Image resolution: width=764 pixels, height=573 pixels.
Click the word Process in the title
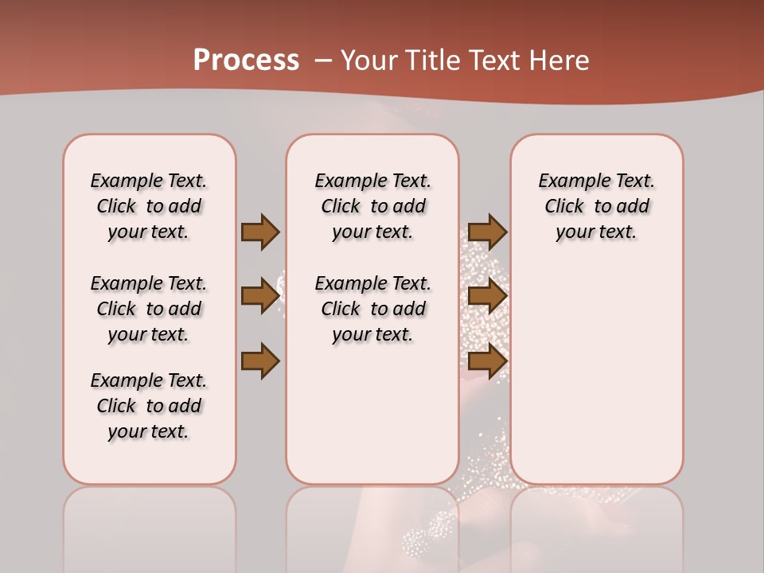point(246,60)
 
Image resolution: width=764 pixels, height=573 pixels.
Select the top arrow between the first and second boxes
point(260,232)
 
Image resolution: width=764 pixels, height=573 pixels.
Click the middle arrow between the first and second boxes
point(260,296)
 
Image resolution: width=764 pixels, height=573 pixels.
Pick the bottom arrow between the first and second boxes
point(260,362)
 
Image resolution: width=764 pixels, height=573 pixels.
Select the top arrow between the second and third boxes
point(487,232)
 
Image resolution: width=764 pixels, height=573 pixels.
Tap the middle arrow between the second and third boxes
point(487,296)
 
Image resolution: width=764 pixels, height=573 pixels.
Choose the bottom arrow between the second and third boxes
point(487,362)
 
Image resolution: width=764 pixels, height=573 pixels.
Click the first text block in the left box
point(149,206)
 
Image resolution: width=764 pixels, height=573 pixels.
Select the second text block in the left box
point(149,309)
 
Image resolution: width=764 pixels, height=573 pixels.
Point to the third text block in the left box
point(149,406)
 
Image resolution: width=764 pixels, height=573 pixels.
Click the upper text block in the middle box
point(373,206)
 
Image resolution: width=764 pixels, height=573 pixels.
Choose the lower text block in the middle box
point(373,309)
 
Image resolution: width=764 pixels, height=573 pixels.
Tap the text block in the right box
point(597,206)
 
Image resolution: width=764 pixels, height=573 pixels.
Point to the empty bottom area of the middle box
point(373,422)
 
